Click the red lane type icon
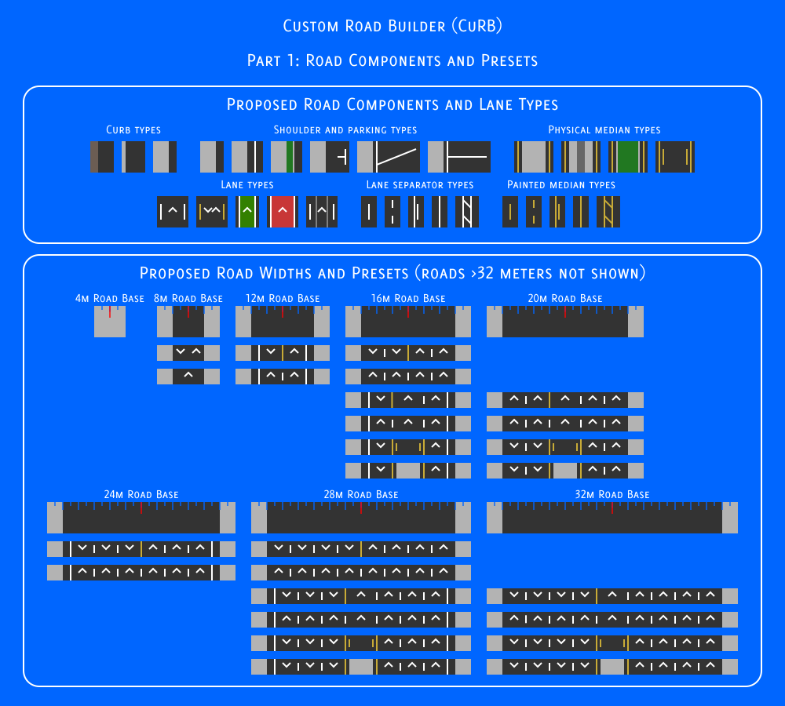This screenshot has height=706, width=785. (283, 212)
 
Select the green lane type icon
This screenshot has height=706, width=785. (246, 212)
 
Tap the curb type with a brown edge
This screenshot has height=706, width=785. (101, 157)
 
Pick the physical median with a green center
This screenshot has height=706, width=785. (628, 157)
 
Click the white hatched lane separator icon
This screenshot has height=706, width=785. (466, 212)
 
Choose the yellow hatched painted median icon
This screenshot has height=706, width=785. (608, 212)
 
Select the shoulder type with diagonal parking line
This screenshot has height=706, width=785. (389, 157)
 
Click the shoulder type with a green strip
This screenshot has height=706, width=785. (287, 157)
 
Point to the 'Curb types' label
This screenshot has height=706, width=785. (133, 130)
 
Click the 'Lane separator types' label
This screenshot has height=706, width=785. (419, 185)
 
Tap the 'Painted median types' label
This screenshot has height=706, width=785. (561, 185)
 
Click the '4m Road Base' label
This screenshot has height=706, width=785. (110, 299)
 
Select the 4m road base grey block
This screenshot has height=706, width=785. (110, 322)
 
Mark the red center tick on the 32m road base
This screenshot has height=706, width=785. (612, 508)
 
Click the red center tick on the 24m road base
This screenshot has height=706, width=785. (141, 508)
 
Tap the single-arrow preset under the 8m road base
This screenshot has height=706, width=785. (188, 377)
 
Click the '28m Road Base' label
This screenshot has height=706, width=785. (361, 495)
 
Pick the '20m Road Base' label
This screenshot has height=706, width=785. (564, 299)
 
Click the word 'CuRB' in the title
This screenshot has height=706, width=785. (476, 26)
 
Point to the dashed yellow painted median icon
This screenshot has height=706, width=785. (534, 212)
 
